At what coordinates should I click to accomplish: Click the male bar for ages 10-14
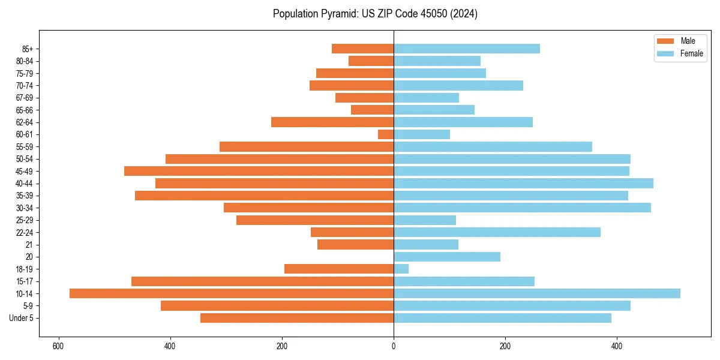pos(232,293)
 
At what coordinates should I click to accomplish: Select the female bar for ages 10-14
pos(537,293)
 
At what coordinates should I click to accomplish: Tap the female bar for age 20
pos(447,257)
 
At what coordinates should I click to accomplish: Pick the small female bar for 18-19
pos(401,269)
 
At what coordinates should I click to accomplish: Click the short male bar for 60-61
pos(386,134)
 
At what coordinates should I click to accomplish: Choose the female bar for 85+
pos(467,49)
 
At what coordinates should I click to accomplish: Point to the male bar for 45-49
pos(259,171)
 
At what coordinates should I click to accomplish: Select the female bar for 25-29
pos(425,220)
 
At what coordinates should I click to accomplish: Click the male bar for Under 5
pos(297,318)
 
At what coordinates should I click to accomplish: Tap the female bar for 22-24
pos(497,232)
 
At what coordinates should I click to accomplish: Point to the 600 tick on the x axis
pos(58,346)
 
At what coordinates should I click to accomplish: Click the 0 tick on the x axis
pos(394,346)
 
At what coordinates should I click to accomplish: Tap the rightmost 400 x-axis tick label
pos(617,346)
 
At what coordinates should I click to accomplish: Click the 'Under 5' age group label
pos(21,318)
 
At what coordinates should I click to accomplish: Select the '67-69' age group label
pos(25,98)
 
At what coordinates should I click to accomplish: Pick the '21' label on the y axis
pos(29,245)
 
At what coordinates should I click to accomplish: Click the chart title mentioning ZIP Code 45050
pos(375,14)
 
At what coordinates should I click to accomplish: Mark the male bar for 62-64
pos(332,122)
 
